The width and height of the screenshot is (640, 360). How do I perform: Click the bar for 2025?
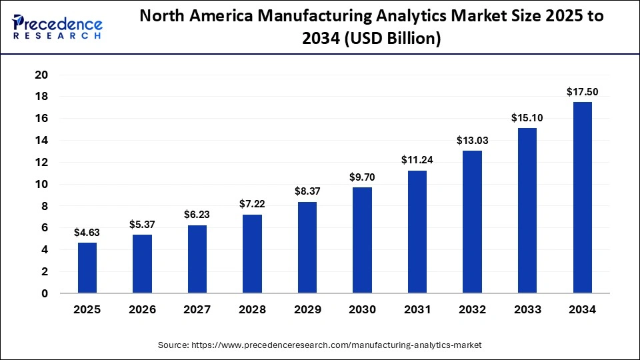tap(87, 268)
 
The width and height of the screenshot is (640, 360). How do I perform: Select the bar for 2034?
tap(582, 197)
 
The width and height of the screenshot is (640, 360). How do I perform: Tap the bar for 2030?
tap(362, 240)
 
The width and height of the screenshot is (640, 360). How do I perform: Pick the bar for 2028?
tap(252, 254)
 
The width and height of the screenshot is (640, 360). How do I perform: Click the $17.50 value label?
tap(582, 91)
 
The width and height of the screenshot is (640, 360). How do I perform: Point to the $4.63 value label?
tap(87, 232)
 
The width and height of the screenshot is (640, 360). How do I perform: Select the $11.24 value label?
tap(417, 160)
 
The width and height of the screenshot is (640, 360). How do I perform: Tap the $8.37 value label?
tap(307, 191)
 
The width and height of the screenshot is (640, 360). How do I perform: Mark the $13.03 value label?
tap(472, 140)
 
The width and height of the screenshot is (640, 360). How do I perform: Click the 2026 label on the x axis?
tap(142, 310)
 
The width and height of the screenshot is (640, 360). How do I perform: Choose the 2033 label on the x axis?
tap(527, 310)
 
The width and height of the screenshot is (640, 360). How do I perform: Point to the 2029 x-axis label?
tap(307, 310)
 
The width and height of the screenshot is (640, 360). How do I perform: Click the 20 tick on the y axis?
tap(41, 75)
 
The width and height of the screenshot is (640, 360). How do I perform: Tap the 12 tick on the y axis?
tap(41, 162)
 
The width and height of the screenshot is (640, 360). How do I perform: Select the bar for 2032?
tap(472, 222)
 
